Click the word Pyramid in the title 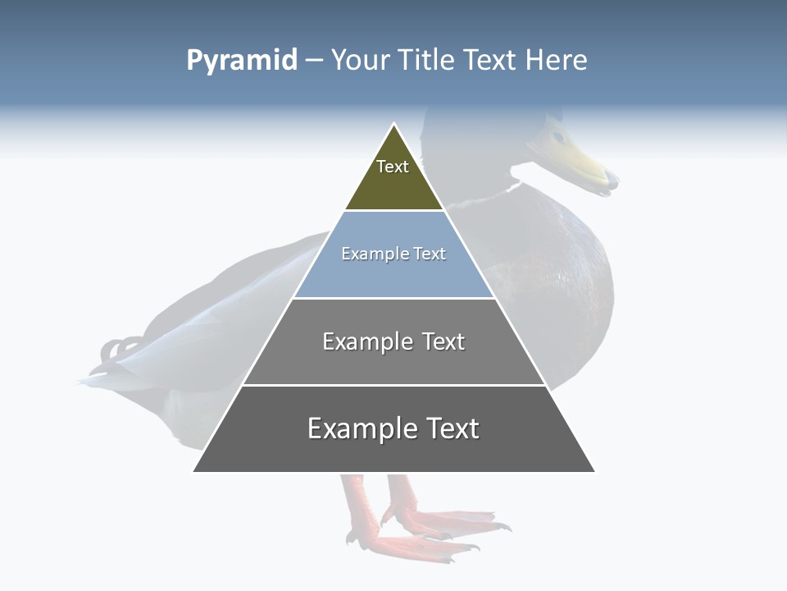[x=242, y=61]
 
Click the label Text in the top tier [x=393, y=167]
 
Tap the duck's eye [x=558, y=136]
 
